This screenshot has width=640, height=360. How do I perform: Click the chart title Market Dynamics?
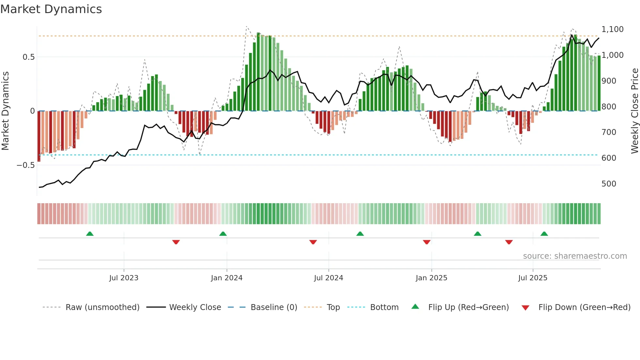click(x=51, y=9)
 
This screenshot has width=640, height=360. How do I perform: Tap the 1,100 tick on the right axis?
click(x=612, y=29)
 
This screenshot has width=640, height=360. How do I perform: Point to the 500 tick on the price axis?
click(x=609, y=184)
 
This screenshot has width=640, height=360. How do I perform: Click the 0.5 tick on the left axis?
click(x=28, y=57)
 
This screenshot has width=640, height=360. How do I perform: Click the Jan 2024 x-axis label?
click(x=227, y=278)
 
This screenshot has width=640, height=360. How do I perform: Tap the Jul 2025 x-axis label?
click(x=533, y=278)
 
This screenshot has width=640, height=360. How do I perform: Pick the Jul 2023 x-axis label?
click(x=124, y=278)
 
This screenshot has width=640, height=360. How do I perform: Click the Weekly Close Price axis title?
click(x=634, y=111)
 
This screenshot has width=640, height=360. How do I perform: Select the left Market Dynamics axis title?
click(x=6, y=111)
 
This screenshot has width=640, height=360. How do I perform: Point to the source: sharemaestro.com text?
click(x=575, y=256)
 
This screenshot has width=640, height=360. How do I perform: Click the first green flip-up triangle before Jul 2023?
click(x=90, y=234)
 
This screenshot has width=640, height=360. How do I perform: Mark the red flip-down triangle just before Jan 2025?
click(x=426, y=242)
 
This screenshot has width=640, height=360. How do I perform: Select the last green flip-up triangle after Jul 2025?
click(x=544, y=234)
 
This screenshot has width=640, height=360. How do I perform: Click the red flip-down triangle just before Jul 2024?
click(x=313, y=242)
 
